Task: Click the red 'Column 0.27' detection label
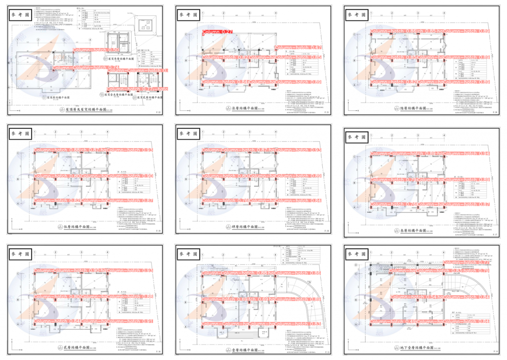point(217,32)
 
